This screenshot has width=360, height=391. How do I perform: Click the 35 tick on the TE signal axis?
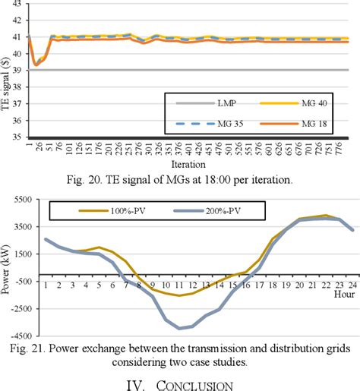click(x=16, y=137)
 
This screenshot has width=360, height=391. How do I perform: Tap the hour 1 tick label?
click(x=45, y=285)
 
